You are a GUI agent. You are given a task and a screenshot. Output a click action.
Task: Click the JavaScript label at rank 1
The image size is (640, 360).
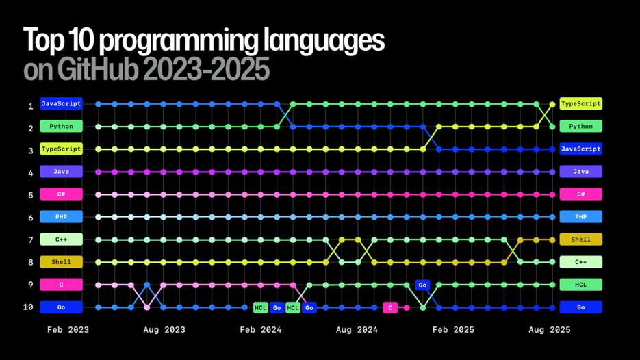point(61,104)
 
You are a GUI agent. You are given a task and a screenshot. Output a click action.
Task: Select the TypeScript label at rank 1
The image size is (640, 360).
point(580,104)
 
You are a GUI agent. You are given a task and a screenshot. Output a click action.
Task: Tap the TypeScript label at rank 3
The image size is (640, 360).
point(61,149)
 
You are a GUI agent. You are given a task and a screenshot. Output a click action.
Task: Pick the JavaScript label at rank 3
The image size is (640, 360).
point(580,149)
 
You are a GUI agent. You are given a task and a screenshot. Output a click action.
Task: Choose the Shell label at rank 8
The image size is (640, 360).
point(61,262)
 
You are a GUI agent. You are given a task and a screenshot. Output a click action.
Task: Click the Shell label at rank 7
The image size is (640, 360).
point(580,240)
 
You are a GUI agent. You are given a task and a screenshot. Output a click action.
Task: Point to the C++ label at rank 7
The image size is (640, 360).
point(61,240)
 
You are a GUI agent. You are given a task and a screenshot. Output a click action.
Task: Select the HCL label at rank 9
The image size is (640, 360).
point(580,285)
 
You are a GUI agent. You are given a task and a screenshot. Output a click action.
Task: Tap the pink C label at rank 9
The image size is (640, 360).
point(61,285)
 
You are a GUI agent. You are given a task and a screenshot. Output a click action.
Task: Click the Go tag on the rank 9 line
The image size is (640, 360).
point(422,285)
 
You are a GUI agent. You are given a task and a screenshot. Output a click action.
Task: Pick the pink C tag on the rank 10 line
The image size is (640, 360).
point(390,307)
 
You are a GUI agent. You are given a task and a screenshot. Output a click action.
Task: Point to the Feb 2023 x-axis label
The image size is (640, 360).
point(68,330)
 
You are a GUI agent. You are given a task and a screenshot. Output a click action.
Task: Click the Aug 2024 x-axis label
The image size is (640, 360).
point(357,330)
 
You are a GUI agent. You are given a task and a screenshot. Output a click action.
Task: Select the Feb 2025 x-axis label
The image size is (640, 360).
point(453,330)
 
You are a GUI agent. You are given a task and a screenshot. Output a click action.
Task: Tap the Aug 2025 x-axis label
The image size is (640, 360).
point(549,330)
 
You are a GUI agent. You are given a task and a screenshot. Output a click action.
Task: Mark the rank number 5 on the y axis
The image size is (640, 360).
point(30,195)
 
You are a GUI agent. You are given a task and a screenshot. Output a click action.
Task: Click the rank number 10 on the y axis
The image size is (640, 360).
point(28,307)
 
